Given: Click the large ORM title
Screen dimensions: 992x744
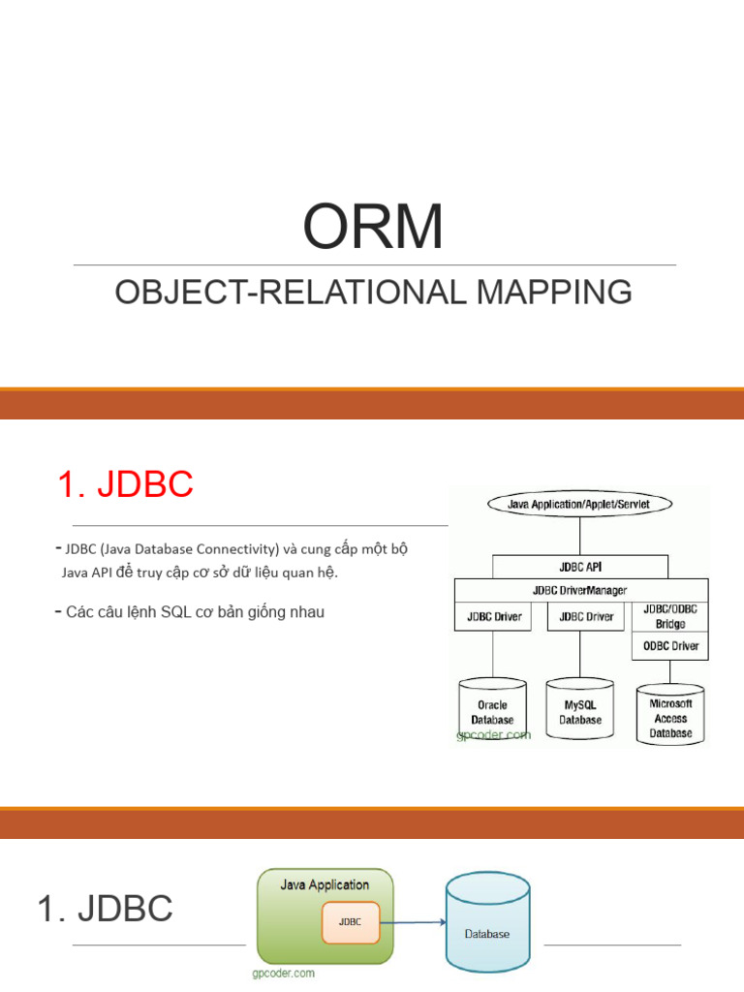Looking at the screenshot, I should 373,226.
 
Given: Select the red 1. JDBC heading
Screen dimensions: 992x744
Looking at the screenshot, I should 125,484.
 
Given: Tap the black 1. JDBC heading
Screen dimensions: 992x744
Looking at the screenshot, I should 105,909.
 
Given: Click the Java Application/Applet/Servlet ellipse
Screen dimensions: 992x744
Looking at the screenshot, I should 579,504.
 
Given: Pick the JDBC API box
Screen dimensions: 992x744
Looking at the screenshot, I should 579,567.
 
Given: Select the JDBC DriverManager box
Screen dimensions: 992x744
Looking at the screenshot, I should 579,590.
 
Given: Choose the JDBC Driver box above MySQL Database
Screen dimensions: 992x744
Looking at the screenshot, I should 585,616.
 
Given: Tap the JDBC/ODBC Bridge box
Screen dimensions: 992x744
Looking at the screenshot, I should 669,616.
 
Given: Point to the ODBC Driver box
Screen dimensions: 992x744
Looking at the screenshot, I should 669,646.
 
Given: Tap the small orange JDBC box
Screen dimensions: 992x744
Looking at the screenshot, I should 350,922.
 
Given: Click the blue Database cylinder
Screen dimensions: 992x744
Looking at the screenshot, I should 487,922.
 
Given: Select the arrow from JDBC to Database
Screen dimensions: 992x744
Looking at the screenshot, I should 412,923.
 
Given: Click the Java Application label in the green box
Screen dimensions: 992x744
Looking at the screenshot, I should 325,884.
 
